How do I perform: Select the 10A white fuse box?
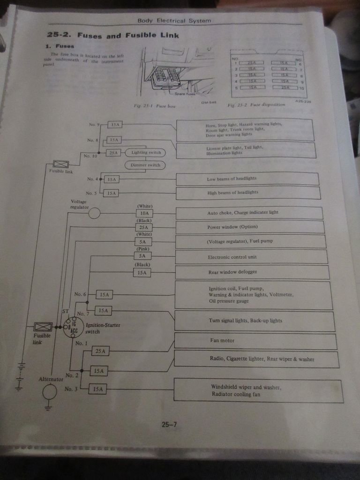144,213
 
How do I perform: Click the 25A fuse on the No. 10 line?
114,153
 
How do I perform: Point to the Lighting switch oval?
145,152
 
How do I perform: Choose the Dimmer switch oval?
145,165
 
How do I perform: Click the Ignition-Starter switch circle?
74,327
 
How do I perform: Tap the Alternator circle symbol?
50,391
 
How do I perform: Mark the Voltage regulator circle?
94,213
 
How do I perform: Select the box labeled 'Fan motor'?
255,341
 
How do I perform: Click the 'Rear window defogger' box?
252,272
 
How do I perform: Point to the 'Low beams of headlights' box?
247,179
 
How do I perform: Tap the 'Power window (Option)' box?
249,227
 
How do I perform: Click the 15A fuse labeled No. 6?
104,294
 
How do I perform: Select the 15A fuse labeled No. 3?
97,389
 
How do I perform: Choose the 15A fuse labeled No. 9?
114,125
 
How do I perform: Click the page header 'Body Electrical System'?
174,21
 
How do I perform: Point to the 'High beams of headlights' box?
248,193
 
